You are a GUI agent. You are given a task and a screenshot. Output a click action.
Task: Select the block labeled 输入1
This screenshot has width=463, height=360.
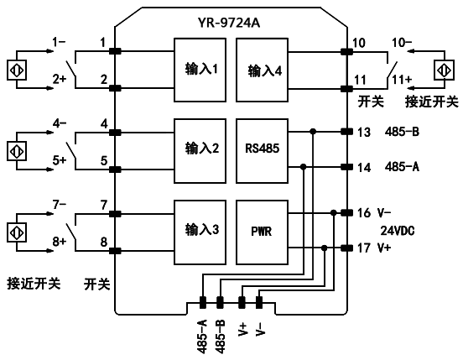pos(202,68)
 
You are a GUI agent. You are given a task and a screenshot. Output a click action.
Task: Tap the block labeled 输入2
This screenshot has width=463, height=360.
pos(202,149)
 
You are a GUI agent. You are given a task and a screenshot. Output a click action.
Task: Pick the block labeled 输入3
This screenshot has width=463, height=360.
pos(202,228)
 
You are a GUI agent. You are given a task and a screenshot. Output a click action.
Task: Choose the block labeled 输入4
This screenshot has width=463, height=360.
pos(264,68)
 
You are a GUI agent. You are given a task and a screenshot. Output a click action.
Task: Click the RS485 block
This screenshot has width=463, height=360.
pos(264,149)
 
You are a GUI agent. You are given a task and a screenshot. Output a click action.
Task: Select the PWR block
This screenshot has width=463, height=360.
pos(264,228)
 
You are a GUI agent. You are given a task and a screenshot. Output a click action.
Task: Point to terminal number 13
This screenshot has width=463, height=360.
pos(362,132)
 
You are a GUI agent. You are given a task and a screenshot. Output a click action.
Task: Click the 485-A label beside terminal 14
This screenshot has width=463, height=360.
pos(401,167)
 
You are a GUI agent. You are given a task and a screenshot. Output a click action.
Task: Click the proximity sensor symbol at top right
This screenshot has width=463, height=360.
pos(442,68)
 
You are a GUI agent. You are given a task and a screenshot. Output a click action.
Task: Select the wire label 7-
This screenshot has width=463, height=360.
pos(60,204)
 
